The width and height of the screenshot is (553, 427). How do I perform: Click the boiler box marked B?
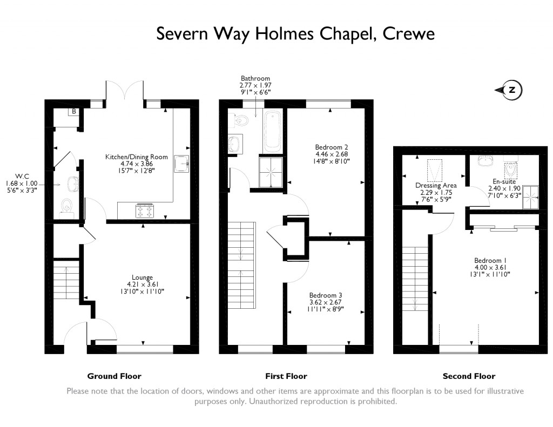click(73, 112)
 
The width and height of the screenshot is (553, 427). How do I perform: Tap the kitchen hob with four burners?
click(145, 211)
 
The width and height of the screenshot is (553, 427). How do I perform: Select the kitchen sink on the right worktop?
click(181, 164)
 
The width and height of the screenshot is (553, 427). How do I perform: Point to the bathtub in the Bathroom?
click(272, 131)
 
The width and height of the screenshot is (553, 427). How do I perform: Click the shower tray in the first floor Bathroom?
click(271, 172)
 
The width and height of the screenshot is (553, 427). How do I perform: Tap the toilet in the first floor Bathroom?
click(239, 120)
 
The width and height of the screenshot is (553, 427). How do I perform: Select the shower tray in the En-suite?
click(530, 197)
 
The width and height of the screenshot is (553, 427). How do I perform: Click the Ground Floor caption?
click(114, 376)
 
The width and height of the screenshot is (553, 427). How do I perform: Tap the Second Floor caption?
click(469, 376)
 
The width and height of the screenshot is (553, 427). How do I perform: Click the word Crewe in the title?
click(409, 34)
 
